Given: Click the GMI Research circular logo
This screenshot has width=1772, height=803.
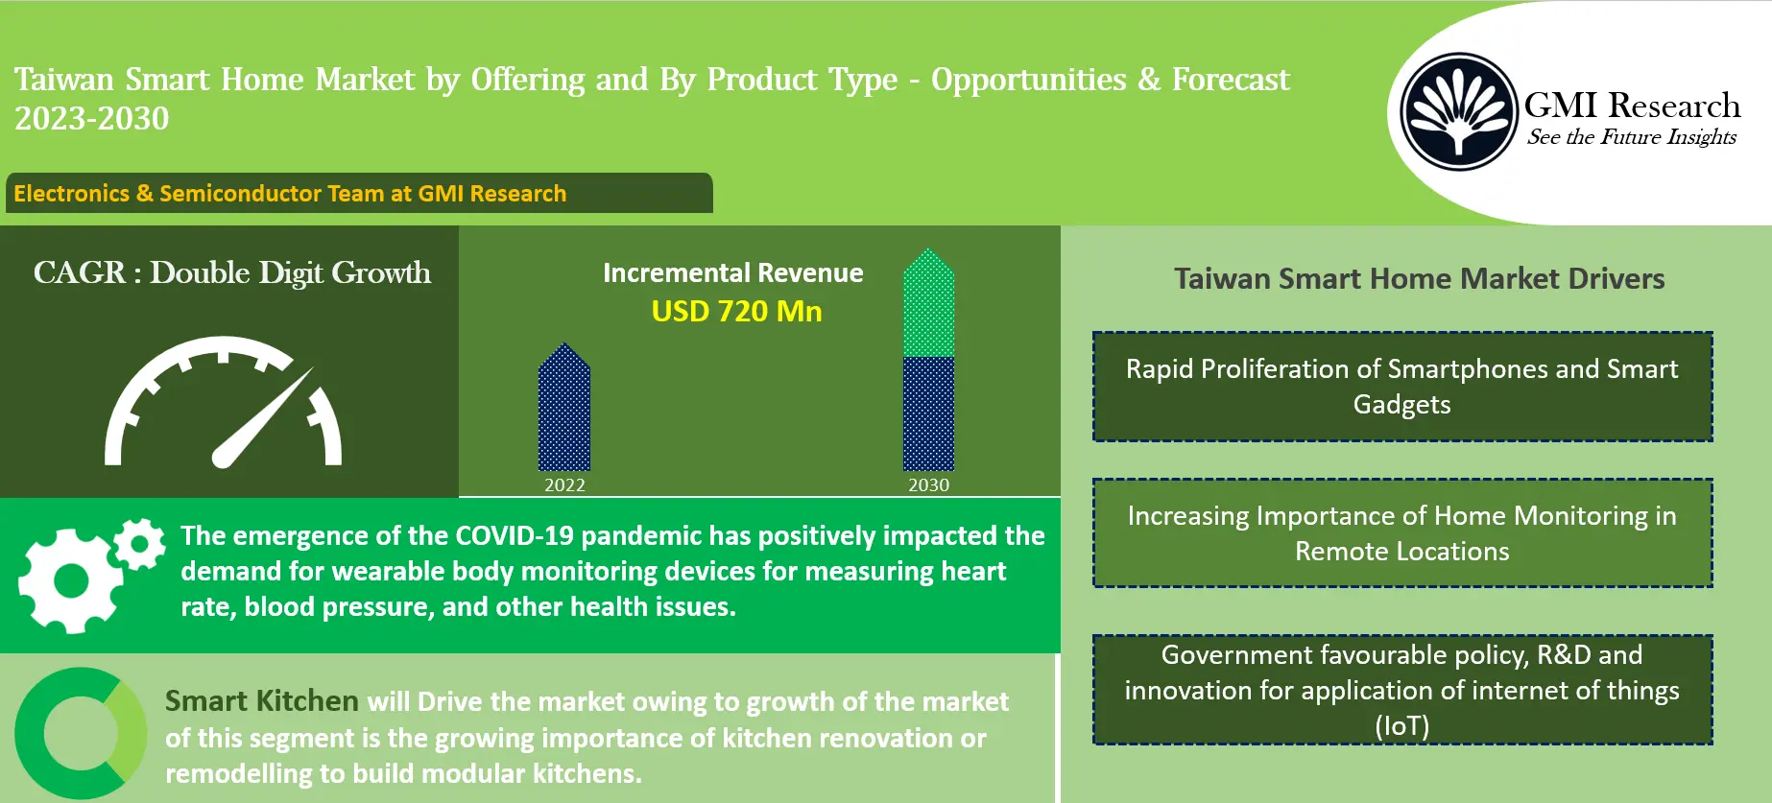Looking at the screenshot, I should point(1457,112).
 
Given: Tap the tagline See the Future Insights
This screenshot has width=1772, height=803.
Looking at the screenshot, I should point(1631,137).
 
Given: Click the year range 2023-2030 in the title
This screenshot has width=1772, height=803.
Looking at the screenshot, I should point(92,119).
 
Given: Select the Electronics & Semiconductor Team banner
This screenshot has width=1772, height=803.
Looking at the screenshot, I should point(358,193).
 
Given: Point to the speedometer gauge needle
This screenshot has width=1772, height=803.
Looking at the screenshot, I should point(265,417).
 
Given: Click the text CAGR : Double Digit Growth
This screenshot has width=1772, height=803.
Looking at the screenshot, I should point(231,273).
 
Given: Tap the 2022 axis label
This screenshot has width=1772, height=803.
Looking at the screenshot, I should point(564,485).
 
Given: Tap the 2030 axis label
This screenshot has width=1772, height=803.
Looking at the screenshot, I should point(928,485).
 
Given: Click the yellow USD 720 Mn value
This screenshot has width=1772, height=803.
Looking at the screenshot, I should point(736,312).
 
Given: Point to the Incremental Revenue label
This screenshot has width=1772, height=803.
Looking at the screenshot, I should point(732,273).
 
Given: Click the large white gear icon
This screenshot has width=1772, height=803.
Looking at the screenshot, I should point(69,580).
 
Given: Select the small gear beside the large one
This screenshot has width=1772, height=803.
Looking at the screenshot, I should point(140,544).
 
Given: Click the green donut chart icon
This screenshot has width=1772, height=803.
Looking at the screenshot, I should point(80,734).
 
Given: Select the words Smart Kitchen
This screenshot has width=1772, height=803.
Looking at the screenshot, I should point(261,701).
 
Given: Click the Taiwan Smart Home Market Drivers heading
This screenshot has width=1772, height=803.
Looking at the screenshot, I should point(1419,279).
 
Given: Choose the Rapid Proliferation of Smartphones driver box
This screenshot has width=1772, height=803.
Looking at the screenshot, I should point(1401,387).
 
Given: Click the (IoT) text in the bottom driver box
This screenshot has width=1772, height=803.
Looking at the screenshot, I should point(1401,726).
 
